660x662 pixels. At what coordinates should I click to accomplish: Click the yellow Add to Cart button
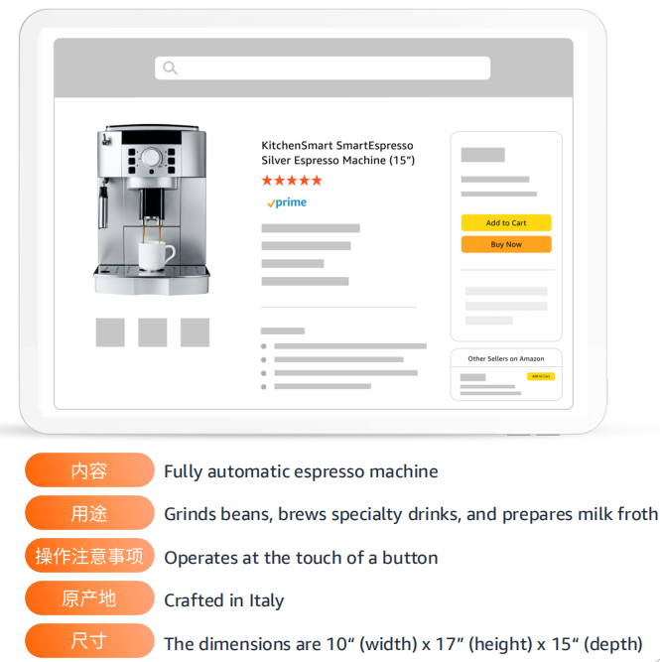click(506, 222)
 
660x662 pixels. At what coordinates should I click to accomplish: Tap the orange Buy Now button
click(506, 244)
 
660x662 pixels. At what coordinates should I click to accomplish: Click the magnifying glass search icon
click(170, 67)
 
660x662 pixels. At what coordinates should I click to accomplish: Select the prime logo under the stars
click(287, 202)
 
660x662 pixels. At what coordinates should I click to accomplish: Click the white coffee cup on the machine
click(156, 255)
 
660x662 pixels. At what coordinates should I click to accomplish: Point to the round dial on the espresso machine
click(151, 158)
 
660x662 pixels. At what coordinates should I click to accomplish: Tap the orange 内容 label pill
click(89, 469)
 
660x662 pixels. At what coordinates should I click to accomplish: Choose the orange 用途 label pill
click(89, 512)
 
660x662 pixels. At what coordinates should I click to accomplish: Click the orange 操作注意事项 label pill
click(89, 555)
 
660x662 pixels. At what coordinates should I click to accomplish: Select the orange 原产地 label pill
click(89, 597)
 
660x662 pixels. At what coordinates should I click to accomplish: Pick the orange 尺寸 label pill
click(89, 640)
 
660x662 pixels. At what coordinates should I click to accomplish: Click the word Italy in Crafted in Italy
click(266, 600)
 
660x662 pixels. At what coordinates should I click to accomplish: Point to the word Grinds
click(190, 514)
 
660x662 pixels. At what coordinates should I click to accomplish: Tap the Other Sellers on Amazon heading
click(506, 359)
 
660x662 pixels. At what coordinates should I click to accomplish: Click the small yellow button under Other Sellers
click(541, 376)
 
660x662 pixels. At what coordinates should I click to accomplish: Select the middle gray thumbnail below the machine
click(153, 332)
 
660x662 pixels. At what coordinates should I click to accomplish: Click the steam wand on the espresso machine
click(103, 204)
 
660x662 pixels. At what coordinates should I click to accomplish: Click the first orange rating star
click(267, 181)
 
